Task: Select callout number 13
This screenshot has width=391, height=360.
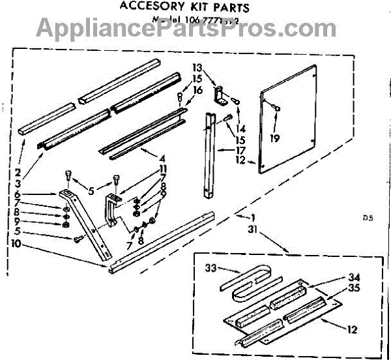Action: [198, 68]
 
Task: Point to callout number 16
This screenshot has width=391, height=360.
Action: [198, 90]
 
